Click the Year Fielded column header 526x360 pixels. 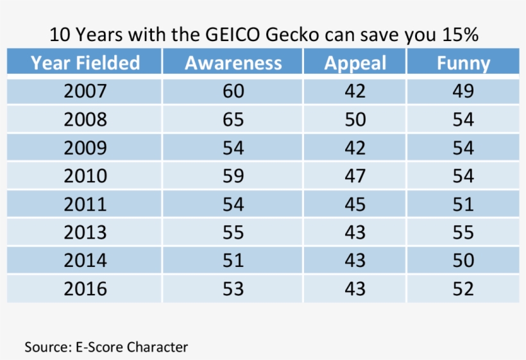coord(85,63)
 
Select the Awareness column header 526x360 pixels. coord(233,63)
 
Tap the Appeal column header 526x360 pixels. coord(355,63)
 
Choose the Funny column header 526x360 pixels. coord(463,63)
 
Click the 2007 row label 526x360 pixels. coord(85,91)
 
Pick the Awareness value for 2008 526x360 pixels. coord(233,119)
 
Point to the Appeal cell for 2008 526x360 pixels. coord(355,119)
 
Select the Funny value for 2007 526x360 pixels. coord(463,91)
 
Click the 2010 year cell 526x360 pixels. coord(85,176)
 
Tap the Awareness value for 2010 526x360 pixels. coord(233,176)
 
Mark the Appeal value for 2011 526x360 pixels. coord(355,204)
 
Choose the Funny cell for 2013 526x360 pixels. coord(463,232)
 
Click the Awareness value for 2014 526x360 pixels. coord(233,261)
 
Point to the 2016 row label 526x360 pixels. coord(85,289)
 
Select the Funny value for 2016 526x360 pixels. coord(463,289)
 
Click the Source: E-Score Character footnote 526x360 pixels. coord(106,347)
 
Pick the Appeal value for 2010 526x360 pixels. coord(355,176)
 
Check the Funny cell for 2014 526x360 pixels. coord(463,261)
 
